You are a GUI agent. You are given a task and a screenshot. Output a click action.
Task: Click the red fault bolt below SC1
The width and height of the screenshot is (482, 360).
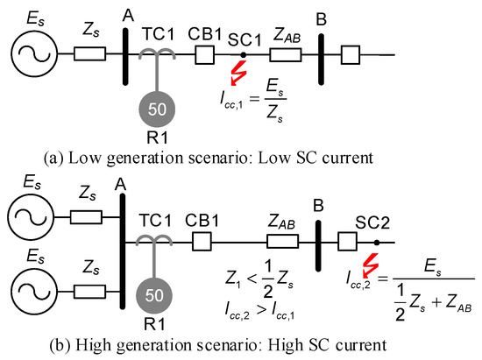[237, 74]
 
